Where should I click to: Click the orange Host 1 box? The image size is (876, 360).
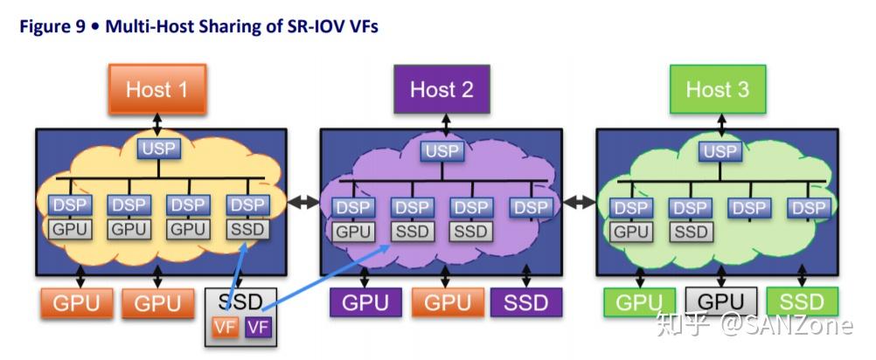pyautogui.click(x=157, y=89)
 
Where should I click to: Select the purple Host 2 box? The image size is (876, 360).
pyautogui.click(x=441, y=89)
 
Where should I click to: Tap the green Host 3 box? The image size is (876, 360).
pyautogui.click(x=718, y=89)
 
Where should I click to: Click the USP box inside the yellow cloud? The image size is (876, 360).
pyautogui.click(x=159, y=149)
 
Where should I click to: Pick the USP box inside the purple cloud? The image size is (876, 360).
pyautogui.click(x=442, y=151)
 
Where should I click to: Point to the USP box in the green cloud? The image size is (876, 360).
pyautogui.click(x=720, y=151)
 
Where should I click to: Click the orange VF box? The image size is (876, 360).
pyautogui.click(x=225, y=328)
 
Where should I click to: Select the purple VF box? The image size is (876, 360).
pyautogui.click(x=258, y=328)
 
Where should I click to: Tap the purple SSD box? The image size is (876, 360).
pyautogui.click(x=526, y=302)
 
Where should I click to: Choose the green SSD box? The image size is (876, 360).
pyautogui.click(x=803, y=302)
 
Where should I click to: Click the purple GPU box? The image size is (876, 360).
pyautogui.click(x=365, y=302)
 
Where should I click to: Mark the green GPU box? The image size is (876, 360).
pyautogui.click(x=639, y=302)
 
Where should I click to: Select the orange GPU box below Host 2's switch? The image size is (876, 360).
pyautogui.click(x=448, y=302)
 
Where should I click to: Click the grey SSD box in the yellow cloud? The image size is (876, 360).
pyautogui.click(x=248, y=229)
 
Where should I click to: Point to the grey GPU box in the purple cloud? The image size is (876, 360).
pyautogui.click(x=354, y=232)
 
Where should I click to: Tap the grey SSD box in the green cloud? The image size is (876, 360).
pyautogui.click(x=691, y=232)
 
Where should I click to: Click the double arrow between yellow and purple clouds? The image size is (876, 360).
pyautogui.click(x=303, y=203)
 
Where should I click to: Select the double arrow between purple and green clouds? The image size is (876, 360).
pyautogui.click(x=580, y=203)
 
